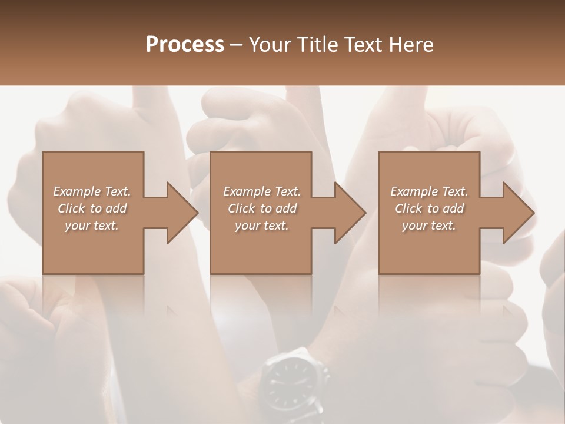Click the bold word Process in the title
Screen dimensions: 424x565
185,45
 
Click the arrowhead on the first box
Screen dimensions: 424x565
177,213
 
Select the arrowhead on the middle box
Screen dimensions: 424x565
344,213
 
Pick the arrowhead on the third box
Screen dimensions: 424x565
513,213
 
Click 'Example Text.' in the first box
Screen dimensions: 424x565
92,191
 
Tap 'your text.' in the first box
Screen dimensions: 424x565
92,226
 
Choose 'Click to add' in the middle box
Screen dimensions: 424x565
262,208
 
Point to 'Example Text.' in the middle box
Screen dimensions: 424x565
262,191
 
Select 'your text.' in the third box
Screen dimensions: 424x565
429,226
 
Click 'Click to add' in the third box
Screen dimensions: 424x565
429,208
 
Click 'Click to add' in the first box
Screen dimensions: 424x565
92,208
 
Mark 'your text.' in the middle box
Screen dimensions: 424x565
262,226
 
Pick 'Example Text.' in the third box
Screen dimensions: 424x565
429,191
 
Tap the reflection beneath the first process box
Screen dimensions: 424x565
93,300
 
